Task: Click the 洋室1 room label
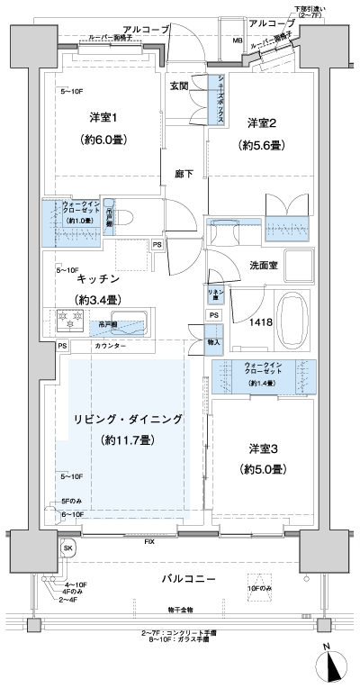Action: coord(101,118)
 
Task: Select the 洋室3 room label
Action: coord(263,448)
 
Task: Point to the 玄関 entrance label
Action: coord(180,86)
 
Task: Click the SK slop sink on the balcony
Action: coord(67,547)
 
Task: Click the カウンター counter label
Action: coord(109,346)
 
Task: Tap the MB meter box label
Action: coord(238,41)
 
